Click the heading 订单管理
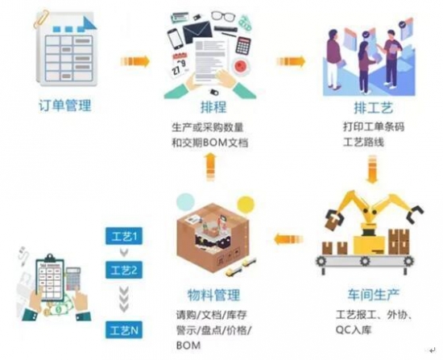(65, 106)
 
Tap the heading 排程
(213, 107)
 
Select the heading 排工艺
(374, 108)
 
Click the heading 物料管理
(214, 295)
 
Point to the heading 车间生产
(373, 294)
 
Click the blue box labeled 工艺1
(124, 236)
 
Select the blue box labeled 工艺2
(124, 270)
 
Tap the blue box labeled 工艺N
(124, 329)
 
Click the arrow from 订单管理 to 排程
(135, 61)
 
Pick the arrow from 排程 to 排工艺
(291, 61)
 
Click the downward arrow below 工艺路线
(372, 169)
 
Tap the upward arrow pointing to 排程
(210, 167)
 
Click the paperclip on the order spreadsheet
(41, 19)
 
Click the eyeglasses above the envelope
(223, 16)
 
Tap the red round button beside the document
(240, 65)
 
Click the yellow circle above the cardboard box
(246, 204)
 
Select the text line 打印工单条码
(374, 126)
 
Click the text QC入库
(354, 329)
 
